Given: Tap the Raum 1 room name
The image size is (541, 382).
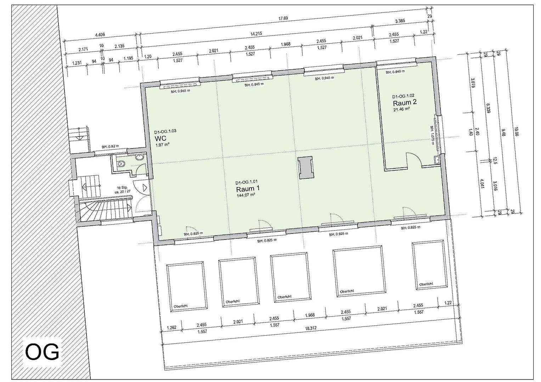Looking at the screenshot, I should (x=246, y=189).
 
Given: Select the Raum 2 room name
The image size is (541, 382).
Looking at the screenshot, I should (x=405, y=103).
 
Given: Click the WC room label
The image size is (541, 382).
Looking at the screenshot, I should (x=160, y=138).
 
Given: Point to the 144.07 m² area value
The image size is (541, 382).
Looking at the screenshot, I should (x=246, y=195).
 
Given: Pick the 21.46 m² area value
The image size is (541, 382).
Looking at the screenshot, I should (x=401, y=109).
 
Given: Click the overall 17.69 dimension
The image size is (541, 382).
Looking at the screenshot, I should (x=283, y=18).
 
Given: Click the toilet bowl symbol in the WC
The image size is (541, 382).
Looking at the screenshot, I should (x=122, y=164).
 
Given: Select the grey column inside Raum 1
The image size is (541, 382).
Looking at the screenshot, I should (x=305, y=168).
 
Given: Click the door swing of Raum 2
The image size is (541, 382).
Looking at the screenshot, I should (x=413, y=160).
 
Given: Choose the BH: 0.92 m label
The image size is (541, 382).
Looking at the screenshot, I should (x=110, y=146).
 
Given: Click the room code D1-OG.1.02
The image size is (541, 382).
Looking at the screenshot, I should (x=403, y=96).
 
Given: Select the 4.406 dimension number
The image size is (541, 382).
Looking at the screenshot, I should (x=100, y=35).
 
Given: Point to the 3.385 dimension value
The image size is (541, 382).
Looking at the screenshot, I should (x=400, y=21).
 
